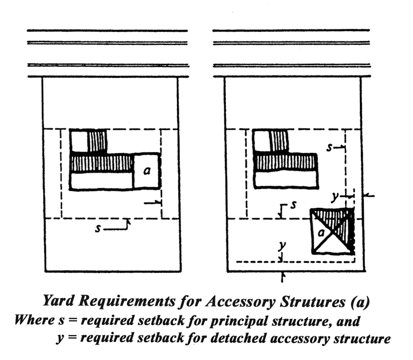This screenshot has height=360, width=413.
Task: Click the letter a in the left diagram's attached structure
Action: point(147,171)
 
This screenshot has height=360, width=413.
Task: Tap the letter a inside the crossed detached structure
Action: point(320,233)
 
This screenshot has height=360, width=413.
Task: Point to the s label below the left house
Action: point(98,229)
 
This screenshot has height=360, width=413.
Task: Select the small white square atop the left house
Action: point(79,140)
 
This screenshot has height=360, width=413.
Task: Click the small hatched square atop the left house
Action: point(97,140)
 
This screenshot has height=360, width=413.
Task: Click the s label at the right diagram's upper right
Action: point(329,147)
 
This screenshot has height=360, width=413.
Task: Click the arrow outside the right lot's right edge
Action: point(369,196)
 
